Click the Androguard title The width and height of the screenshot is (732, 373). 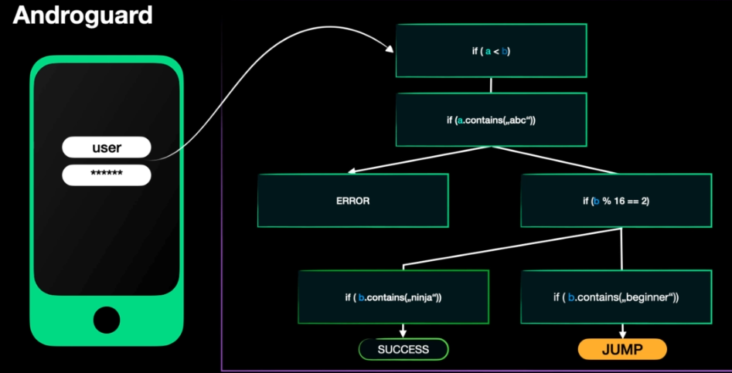[82, 15]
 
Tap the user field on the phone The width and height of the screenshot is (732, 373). [107, 148]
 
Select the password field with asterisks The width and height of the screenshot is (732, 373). [107, 174]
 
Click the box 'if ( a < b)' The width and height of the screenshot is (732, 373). [491, 51]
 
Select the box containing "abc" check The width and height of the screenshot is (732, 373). [491, 120]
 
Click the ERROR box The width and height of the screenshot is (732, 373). [352, 200]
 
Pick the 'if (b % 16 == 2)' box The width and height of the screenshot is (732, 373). [617, 200]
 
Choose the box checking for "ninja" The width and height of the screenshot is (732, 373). [393, 297]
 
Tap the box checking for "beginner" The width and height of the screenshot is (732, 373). [615, 297]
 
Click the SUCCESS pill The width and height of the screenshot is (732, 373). [403, 350]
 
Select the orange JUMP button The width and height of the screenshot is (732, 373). [621, 350]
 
